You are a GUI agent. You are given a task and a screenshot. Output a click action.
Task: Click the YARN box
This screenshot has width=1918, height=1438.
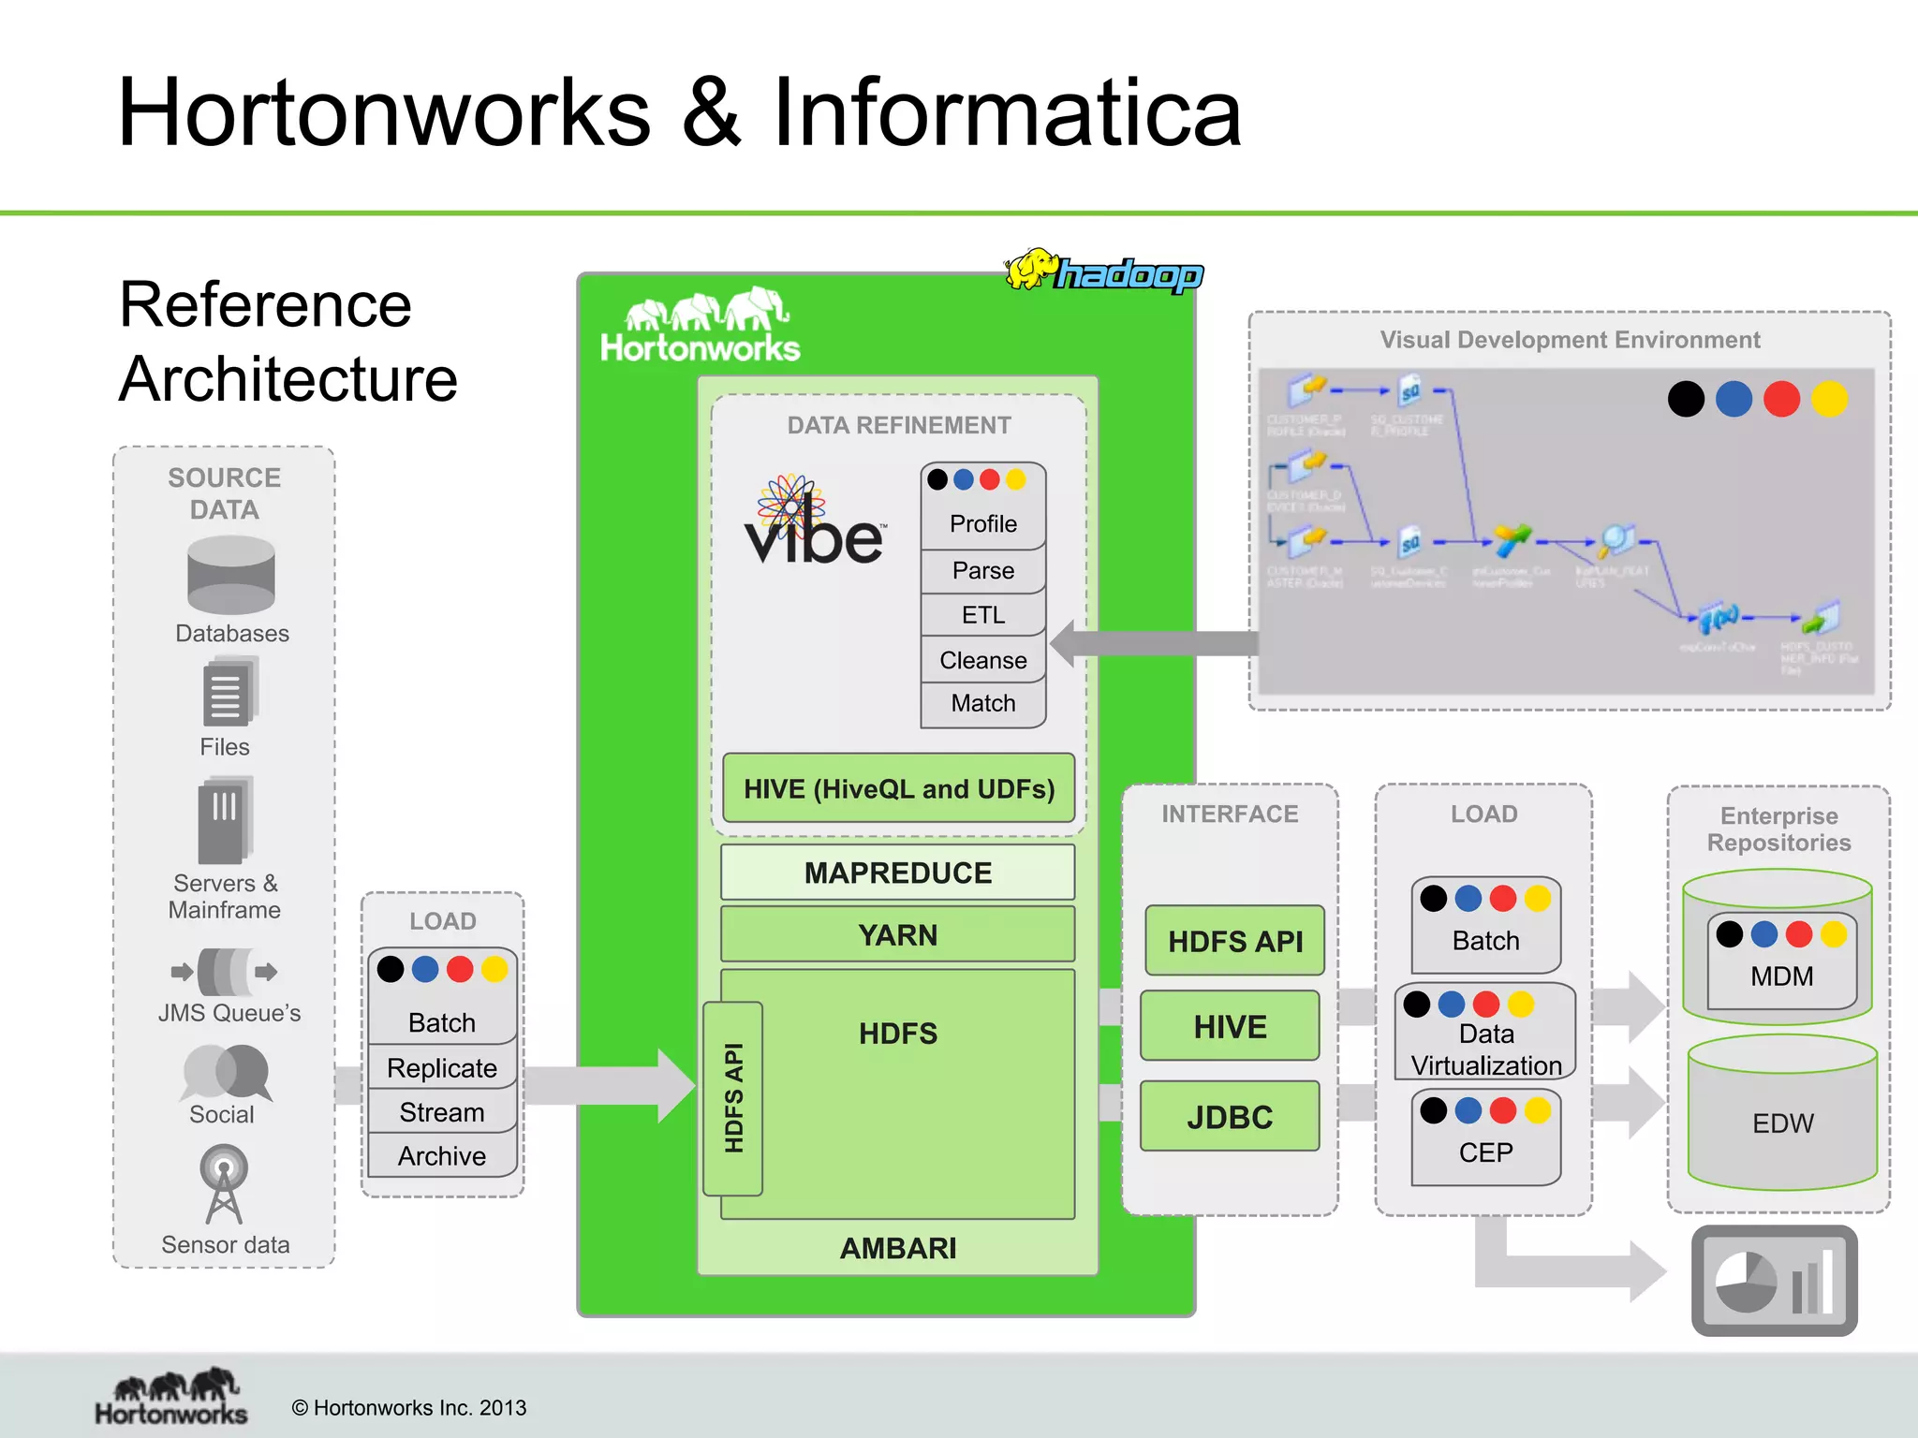tap(897, 934)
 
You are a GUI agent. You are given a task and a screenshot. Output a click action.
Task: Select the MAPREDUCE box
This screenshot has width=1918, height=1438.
tap(897, 873)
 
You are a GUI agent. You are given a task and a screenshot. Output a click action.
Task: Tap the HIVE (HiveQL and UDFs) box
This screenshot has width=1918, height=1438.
tap(898, 788)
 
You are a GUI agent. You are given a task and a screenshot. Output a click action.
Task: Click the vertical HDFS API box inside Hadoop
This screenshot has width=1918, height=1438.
tap(733, 1098)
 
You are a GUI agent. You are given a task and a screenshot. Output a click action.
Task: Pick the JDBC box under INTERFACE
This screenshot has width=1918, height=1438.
tap(1230, 1117)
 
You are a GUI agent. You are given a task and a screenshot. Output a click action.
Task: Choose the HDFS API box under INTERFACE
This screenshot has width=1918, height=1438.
tap(1234, 941)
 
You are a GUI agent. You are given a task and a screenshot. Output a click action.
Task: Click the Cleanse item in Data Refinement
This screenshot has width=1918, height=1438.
tap(982, 660)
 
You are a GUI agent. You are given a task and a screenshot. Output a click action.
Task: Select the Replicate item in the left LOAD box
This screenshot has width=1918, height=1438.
tap(441, 1068)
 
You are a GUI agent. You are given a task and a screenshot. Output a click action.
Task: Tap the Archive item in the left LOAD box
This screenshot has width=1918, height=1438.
tap(441, 1156)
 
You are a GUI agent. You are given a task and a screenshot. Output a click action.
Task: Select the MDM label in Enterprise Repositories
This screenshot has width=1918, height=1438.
tap(1781, 976)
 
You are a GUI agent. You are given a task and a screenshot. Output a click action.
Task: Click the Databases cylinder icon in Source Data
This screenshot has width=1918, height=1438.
tap(230, 575)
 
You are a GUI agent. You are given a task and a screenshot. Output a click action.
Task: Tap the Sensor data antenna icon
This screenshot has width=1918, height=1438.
tap(224, 1184)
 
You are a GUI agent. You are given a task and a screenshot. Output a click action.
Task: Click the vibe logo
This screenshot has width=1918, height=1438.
tap(812, 524)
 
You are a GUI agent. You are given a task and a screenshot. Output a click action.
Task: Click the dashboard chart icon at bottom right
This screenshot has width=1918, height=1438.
tap(1774, 1280)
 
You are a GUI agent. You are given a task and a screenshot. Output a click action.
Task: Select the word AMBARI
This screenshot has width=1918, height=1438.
tap(897, 1248)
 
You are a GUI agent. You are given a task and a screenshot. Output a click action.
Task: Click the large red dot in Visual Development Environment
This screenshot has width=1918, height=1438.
tap(1781, 399)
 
